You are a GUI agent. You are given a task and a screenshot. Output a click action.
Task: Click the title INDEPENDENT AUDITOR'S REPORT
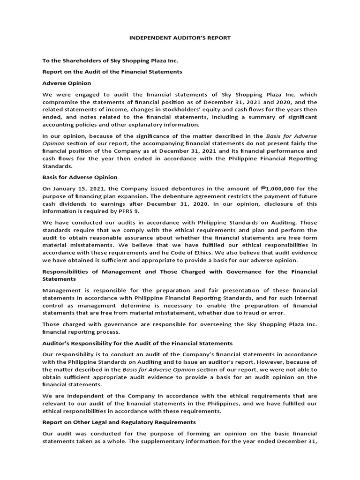pos(180,37)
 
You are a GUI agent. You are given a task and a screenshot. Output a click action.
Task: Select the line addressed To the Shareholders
pos(110,61)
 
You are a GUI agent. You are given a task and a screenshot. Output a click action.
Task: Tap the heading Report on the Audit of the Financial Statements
pos(112,72)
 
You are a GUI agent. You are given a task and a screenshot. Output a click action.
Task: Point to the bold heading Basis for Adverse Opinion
pos(80,177)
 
